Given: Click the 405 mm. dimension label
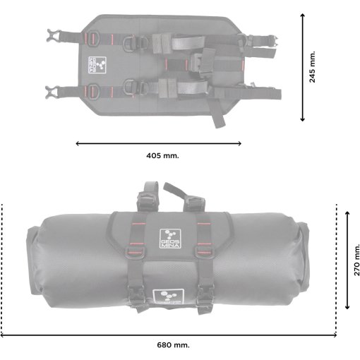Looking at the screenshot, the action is (162, 155).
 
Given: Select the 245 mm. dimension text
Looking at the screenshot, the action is (312, 67).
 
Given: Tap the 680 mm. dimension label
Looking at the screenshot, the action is (173, 345).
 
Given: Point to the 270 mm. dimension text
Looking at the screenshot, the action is (356, 260).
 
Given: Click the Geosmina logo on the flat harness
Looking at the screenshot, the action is (97, 65).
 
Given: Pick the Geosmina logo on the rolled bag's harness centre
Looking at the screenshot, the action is (170, 239).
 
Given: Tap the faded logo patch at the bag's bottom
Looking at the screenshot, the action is (169, 296).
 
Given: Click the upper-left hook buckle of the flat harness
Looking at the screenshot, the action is (53, 35).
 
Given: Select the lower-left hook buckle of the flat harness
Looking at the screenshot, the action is (52, 92).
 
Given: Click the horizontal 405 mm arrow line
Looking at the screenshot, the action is (158, 143).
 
